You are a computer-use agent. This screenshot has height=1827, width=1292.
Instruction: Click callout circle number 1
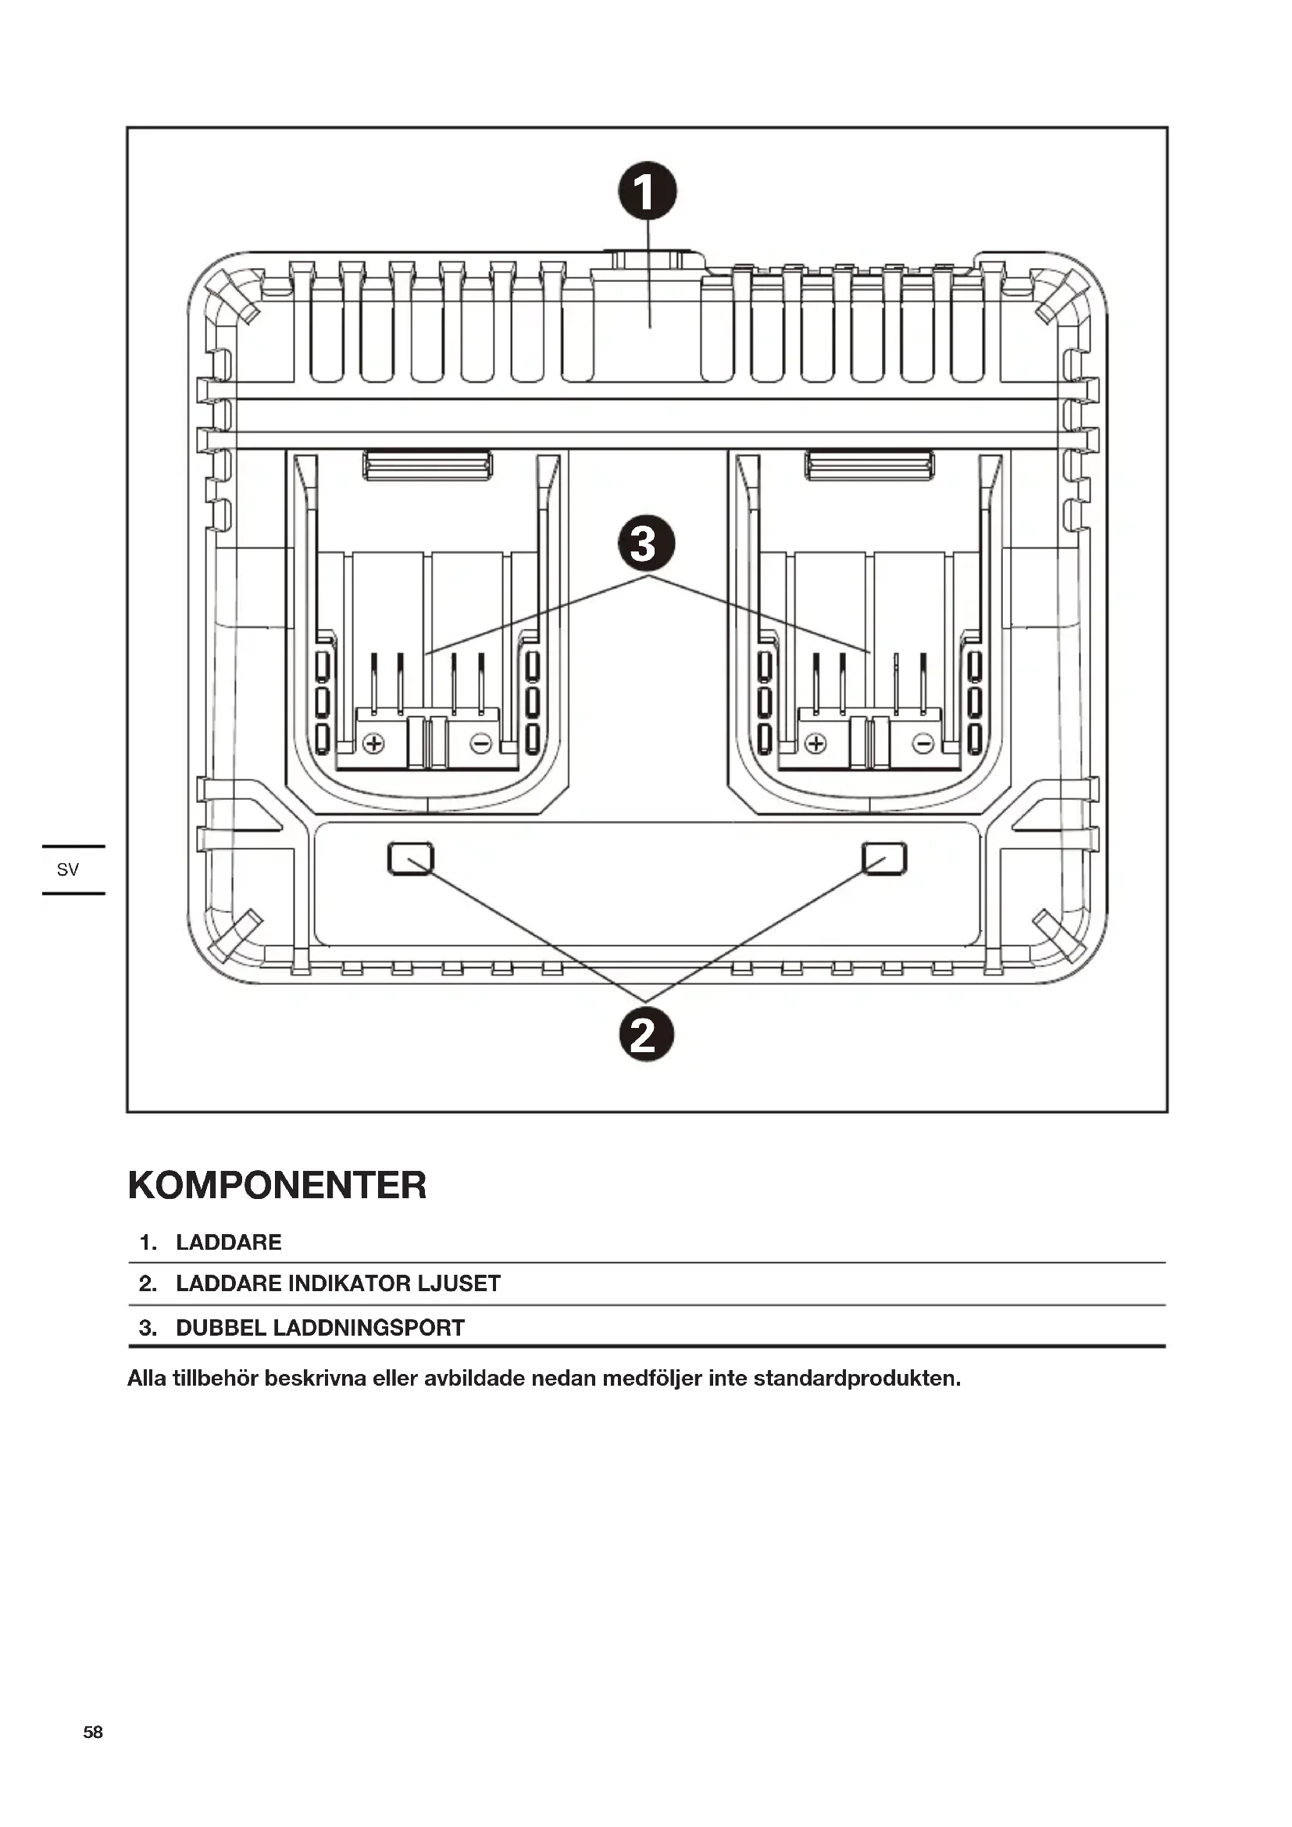[x=647, y=191]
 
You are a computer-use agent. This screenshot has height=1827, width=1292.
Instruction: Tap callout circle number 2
[x=646, y=1034]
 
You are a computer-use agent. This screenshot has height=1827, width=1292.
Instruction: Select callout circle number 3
[x=646, y=545]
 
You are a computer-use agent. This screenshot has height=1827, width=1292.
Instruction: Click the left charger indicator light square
[x=411, y=858]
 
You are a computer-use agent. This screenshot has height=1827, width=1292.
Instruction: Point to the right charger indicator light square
[x=884, y=858]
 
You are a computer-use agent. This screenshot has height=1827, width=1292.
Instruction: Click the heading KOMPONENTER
[x=277, y=1186]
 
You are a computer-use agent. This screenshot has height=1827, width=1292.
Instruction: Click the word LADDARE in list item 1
[x=228, y=1243]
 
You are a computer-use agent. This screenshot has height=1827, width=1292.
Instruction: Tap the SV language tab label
[x=68, y=869]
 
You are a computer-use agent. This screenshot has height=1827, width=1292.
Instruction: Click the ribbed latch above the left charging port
[x=427, y=466]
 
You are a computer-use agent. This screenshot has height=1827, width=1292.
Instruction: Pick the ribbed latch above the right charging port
[x=869, y=466]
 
